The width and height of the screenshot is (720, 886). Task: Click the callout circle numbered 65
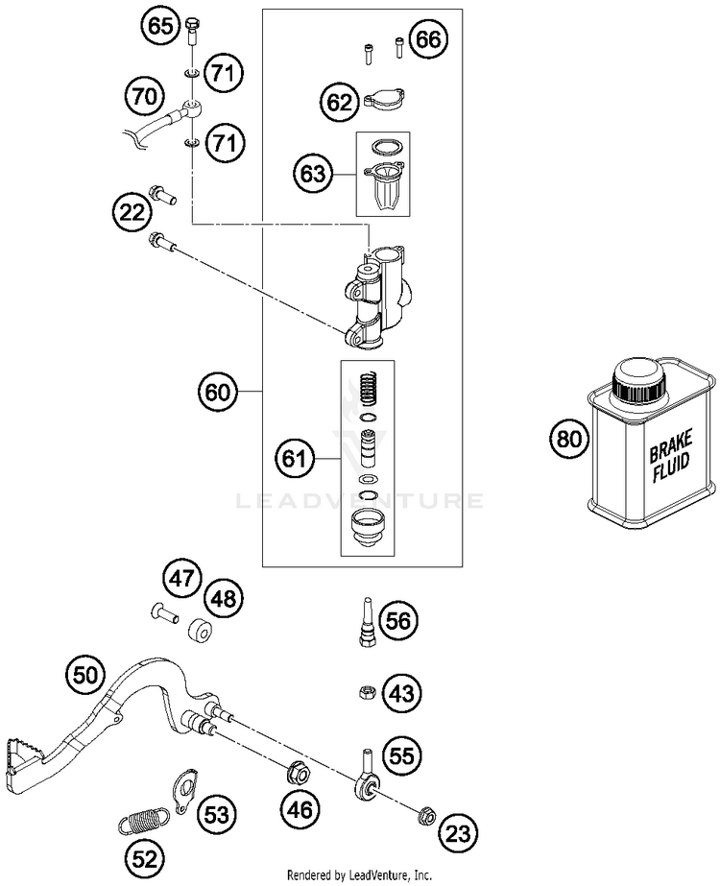pos(160,25)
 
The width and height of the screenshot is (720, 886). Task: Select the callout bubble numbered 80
pos(569,439)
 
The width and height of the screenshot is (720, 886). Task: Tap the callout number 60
pos(218,391)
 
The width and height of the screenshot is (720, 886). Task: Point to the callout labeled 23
pos(458,833)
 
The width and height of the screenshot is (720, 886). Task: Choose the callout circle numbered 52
pos(145,859)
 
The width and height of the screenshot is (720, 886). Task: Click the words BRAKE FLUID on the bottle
pos(671,456)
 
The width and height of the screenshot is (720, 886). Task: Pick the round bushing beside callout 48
pos(199,632)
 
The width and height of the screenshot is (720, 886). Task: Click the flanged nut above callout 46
pos(299,772)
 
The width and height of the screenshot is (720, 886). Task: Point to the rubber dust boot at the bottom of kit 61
pos(368,527)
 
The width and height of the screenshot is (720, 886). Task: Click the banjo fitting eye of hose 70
pos(192,108)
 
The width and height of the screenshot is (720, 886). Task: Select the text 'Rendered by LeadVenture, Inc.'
pos(359,875)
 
